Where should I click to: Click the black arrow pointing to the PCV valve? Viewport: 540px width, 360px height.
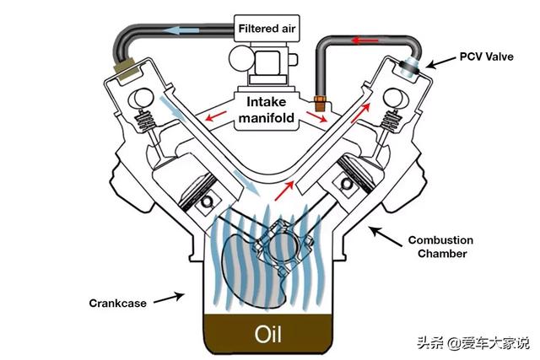432,62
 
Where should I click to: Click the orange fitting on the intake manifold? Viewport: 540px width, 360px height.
320,104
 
